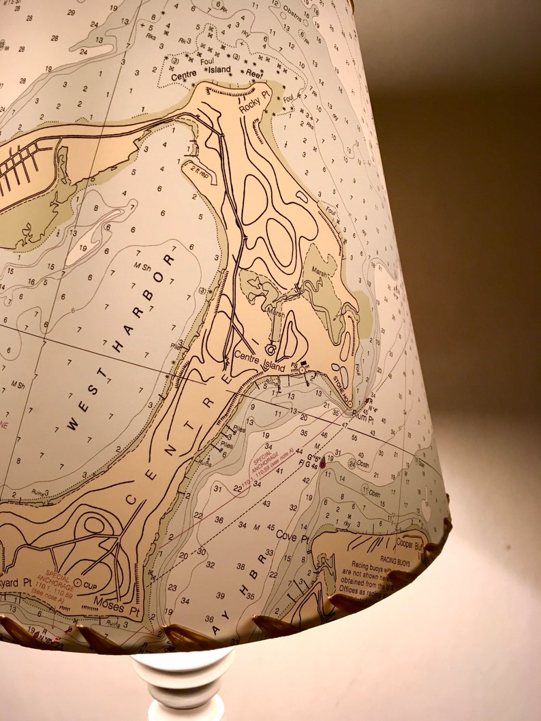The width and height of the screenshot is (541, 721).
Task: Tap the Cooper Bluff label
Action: (410, 545)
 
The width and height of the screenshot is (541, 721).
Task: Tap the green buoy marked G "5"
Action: (322, 463)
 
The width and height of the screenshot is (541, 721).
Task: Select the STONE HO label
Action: (340, 389)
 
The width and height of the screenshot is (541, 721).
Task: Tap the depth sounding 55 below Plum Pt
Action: (354, 436)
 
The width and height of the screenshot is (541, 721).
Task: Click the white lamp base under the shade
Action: (183, 684)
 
